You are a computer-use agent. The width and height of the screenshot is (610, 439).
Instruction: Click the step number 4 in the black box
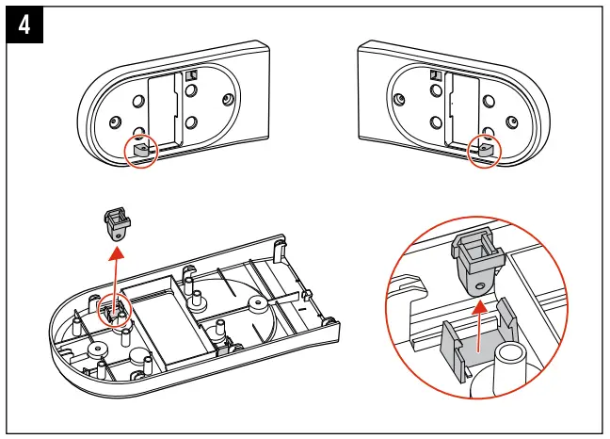pyautogui.click(x=23, y=26)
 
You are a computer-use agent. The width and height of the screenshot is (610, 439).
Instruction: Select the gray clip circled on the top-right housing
pyautogui.click(x=484, y=149)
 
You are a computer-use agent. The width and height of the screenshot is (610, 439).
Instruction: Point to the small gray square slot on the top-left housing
pyautogui.click(x=191, y=75)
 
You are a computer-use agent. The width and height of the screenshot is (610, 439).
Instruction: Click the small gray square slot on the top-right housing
pyautogui.click(x=435, y=75)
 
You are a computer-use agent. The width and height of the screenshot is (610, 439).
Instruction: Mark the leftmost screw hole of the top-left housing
pyautogui.click(x=116, y=121)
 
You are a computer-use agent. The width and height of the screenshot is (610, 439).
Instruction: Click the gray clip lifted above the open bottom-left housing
pyautogui.click(x=117, y=226)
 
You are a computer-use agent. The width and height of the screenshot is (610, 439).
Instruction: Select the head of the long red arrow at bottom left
pyautogui.click(x=116, y=252)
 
